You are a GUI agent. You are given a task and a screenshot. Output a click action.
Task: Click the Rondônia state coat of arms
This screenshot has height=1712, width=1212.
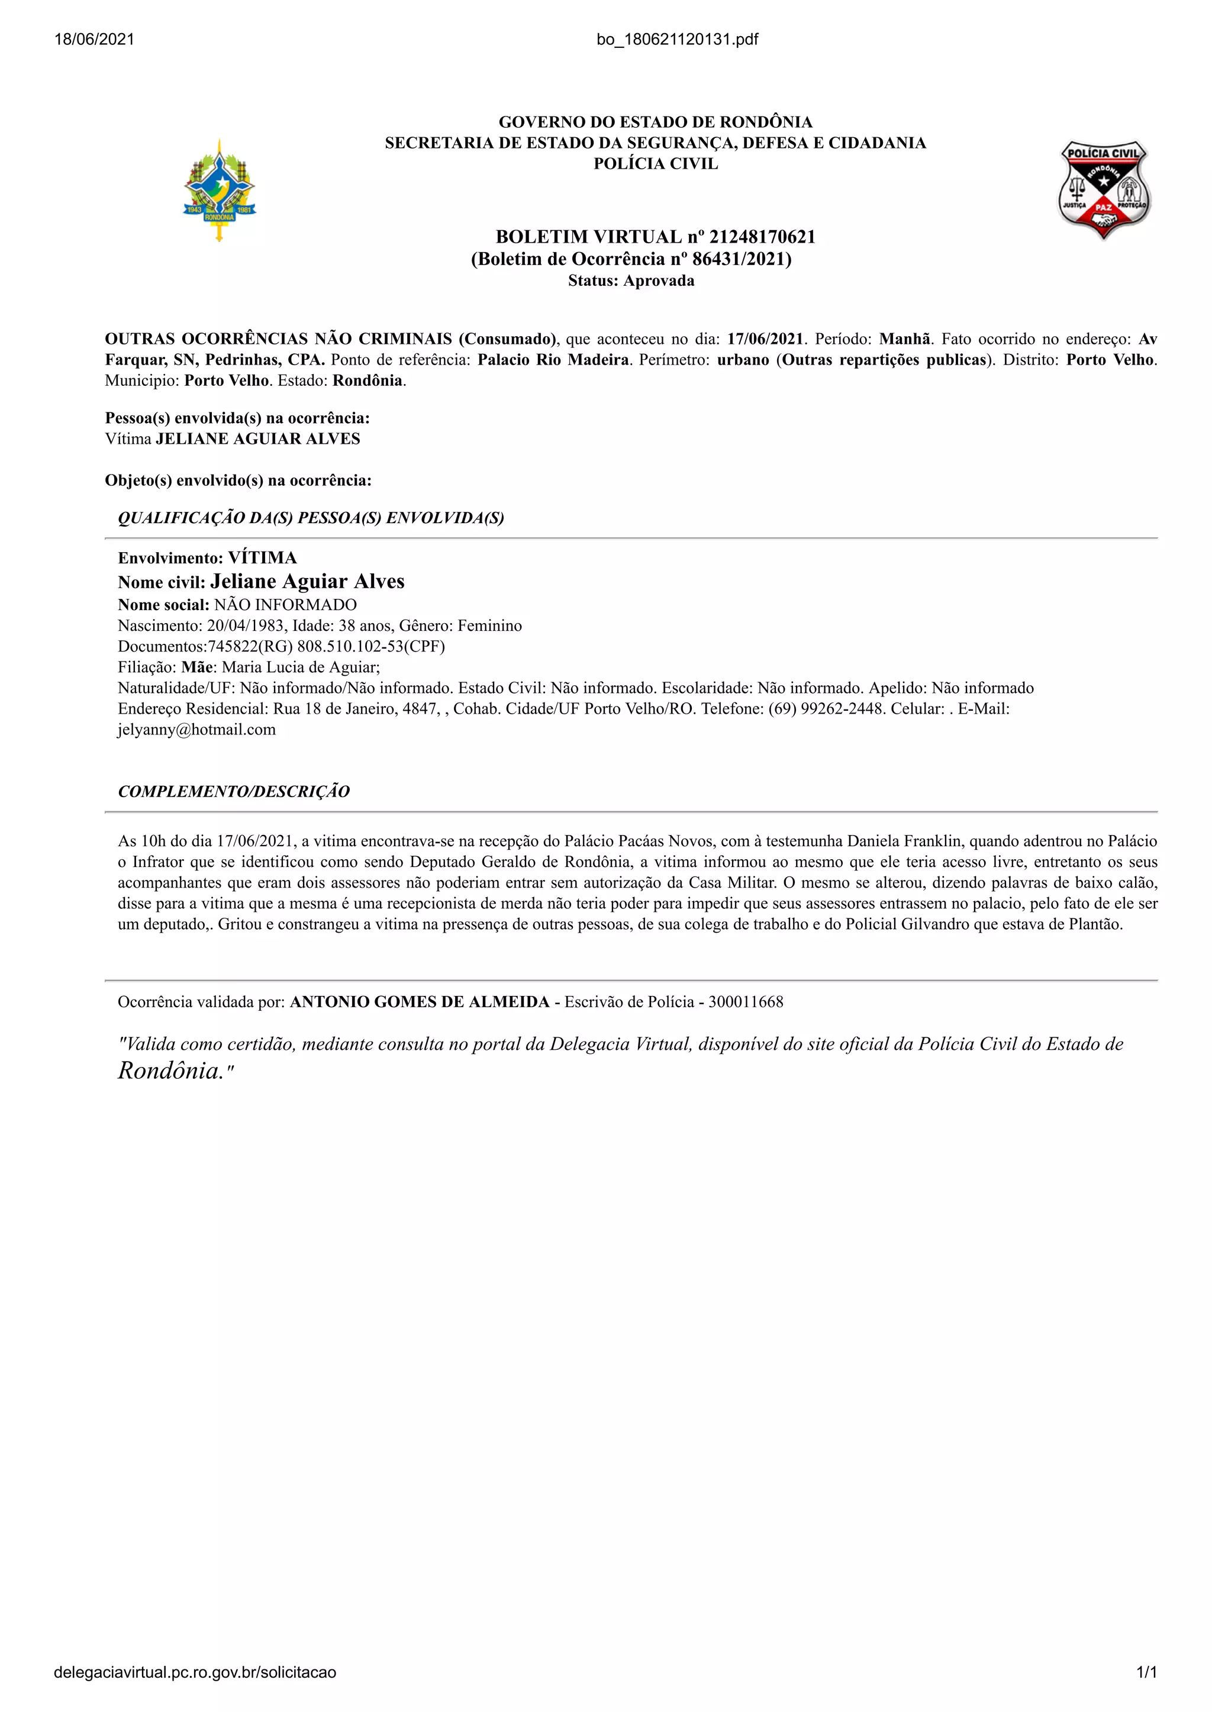click(x=220, y=191)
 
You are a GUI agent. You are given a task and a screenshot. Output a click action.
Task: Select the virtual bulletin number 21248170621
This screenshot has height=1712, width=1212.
click(x=762, y=237)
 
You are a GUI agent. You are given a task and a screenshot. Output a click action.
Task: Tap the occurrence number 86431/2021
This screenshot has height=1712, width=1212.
click(x=739, y=259)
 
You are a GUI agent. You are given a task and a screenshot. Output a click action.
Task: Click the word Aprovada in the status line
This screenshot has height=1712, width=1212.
click(x=659, y=281)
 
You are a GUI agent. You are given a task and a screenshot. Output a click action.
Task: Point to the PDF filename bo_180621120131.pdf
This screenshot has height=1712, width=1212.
click(x=677, y=40)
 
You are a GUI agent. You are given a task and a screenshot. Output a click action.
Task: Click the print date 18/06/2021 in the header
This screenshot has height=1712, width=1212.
click(x=94, y=40)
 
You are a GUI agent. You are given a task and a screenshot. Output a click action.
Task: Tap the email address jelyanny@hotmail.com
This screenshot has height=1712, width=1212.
click(x=197, y=730)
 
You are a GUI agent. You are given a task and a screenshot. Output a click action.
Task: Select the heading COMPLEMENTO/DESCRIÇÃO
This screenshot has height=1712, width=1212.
click(x=234, y=792)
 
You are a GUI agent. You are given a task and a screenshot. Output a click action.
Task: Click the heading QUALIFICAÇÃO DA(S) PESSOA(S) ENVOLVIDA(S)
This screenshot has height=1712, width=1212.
click(x=311, y=518)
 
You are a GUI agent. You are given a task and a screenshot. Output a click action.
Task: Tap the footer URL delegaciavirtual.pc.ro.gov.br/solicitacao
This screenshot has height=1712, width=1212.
click(x=195, y=1672)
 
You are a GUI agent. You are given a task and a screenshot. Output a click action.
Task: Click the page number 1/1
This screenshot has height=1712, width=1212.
click(x=1146, y=1672)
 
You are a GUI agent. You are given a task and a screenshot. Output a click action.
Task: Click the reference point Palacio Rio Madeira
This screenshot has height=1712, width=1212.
click(x=553, y=360)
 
